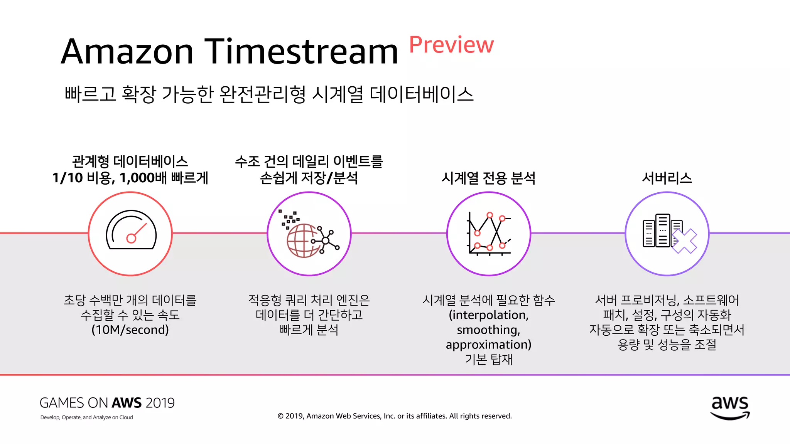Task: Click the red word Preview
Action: pyautogui.click(x=451, y=45)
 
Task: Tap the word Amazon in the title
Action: pyautogui.click(x=127, y=52)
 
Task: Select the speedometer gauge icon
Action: pyautogui.click(x=131, y=230)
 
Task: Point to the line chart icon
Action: pyautogui.click(x=489, y=233)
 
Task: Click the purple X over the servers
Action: pyautogui.click(x=684, y=241)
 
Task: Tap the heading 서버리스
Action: pyautogui.click(x=667, y=178)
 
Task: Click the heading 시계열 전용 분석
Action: pyautogui.click(x=488, y=178)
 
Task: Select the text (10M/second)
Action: pyautogui.click(x=130, y=330)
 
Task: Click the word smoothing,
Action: pyautogui.click(x=488, y=330)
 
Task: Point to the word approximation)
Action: pyautogui.click(x=488, y=345)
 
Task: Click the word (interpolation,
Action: pyautogui.click(x=488, y=315)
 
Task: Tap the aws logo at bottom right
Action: pyautogui.click(x=730, y=408)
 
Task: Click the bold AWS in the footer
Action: pyautogui.click(x=127, y=403)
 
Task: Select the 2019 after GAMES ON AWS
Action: pyautogui.click(x=160, y=403)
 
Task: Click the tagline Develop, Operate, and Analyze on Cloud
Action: pyautogui.click(x=86, y=417)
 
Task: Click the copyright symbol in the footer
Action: pyautogui.click(x=280, y=416)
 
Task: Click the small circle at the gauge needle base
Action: pyautogui.click(x=131, y=239)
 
